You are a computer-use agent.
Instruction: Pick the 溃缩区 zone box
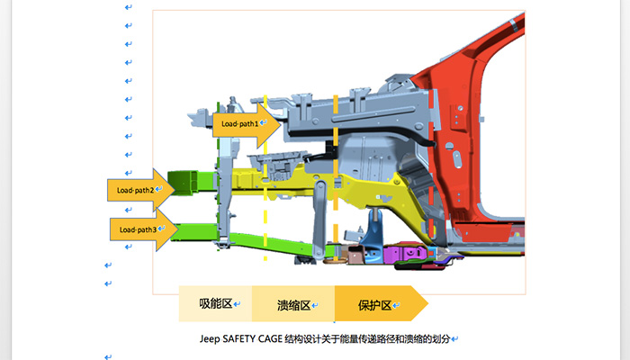pos(293,304)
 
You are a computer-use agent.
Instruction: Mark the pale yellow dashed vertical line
pos(265,216)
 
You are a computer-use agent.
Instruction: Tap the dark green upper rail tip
pos(184,179)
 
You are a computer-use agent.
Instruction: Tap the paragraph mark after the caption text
pos(456,339)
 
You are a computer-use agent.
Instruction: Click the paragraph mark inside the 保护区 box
pos(397,305)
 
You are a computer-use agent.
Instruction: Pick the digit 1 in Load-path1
pos(256,123)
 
